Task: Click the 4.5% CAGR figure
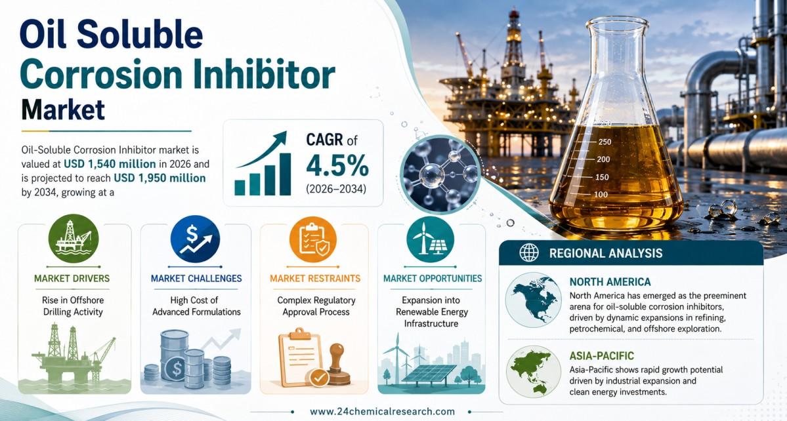(337, 166)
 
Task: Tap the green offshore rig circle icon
(74, 239)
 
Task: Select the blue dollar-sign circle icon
(195, 239)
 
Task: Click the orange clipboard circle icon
(313, 239)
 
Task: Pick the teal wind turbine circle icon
(431, 239)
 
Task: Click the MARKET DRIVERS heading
(72, 278)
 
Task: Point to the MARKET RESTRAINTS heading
(315, 278)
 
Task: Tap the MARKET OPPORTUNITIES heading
(433, 278)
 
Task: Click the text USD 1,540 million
(110, 164)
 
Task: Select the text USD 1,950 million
(160, 178)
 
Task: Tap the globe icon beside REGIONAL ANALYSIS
(529, 253)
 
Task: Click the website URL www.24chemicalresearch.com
(383, 411)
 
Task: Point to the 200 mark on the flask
(603, 159)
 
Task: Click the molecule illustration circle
(441, 174)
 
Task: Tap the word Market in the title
(63, 110)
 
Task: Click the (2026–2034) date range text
(336, 190)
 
